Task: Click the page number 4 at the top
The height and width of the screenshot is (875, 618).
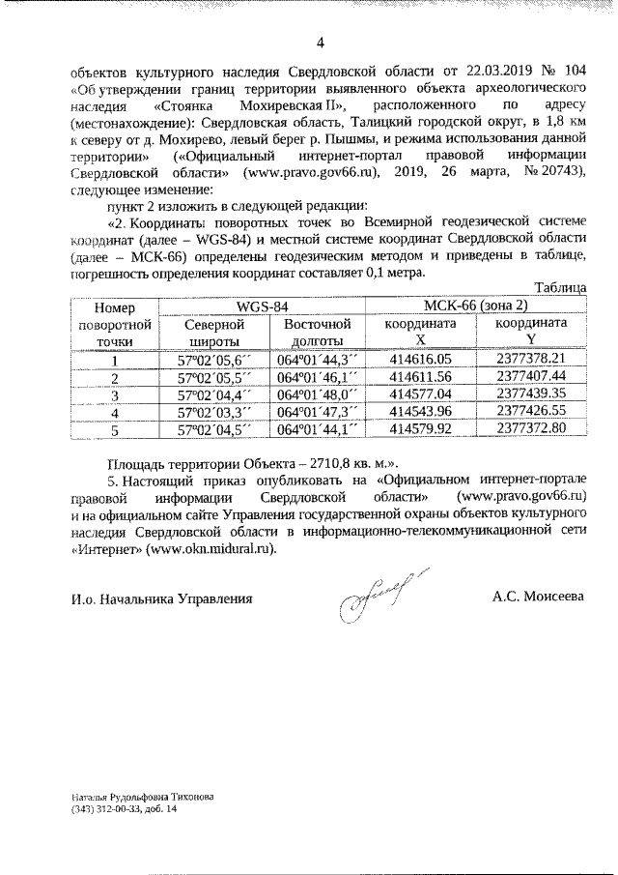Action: [x=320, y=41]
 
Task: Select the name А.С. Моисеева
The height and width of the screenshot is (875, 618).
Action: [x=538, y=598]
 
